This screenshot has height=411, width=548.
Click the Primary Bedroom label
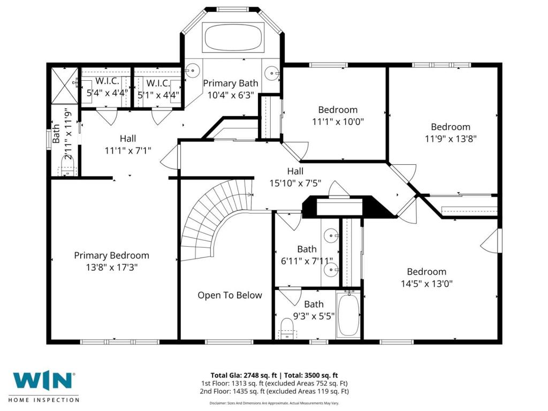[x=111, y=255]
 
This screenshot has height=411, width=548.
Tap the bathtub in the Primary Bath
[x=233, y=38]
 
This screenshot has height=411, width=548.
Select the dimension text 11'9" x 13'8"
[x=451, y=139]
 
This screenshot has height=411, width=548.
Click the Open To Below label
[x=230, y=295]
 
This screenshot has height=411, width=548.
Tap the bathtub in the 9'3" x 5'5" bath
[x=348, y=315]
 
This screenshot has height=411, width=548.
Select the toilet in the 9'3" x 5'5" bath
[x=288, y=328]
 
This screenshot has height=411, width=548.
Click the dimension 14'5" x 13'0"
[x=427, y=284]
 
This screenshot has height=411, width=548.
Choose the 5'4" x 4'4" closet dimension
[x=108, y=93]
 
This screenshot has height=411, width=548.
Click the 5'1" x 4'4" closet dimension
[x=158, y=95]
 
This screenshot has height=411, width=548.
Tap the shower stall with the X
[x=65, y=86]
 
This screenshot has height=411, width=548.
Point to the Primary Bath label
[x=231, y=83]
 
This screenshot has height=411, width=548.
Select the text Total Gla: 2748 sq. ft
[x=243, y=376]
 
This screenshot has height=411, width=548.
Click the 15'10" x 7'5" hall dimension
[x=295, y=183]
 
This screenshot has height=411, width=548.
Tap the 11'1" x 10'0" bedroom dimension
[x=338, y=121]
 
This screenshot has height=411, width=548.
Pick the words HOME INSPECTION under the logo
[x=44, y=399]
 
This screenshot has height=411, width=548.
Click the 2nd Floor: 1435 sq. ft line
[x=275, y=391]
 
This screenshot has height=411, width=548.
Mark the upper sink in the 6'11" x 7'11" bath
[x=331, y=236]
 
